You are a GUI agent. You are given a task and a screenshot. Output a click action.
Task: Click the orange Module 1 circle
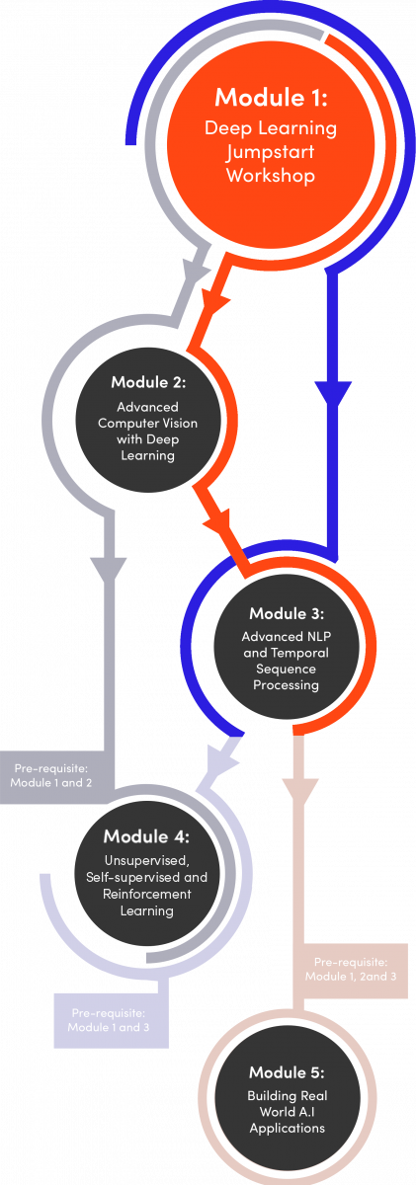point(271,144)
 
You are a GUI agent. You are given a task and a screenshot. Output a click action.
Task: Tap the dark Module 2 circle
point(147,420)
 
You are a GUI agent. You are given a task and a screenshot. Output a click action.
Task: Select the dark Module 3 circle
point(286,647)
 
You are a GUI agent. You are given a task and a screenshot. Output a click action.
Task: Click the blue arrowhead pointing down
point(333,394)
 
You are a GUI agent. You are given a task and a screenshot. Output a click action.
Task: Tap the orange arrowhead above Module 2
point(214,303)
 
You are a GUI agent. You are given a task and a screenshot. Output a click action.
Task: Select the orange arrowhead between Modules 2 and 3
point(218,522)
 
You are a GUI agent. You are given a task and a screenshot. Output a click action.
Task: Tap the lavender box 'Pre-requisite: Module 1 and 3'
point(111,1020)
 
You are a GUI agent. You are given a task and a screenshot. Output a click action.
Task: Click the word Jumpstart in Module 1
point(271,152)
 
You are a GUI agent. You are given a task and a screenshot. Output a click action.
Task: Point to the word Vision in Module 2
point(181,424)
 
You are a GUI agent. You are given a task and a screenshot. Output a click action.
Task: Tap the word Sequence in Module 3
point(286,670)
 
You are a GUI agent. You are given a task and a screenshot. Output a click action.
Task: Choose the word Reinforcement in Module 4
point(146,894)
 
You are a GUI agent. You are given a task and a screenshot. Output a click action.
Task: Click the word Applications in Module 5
point(287,1129)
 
